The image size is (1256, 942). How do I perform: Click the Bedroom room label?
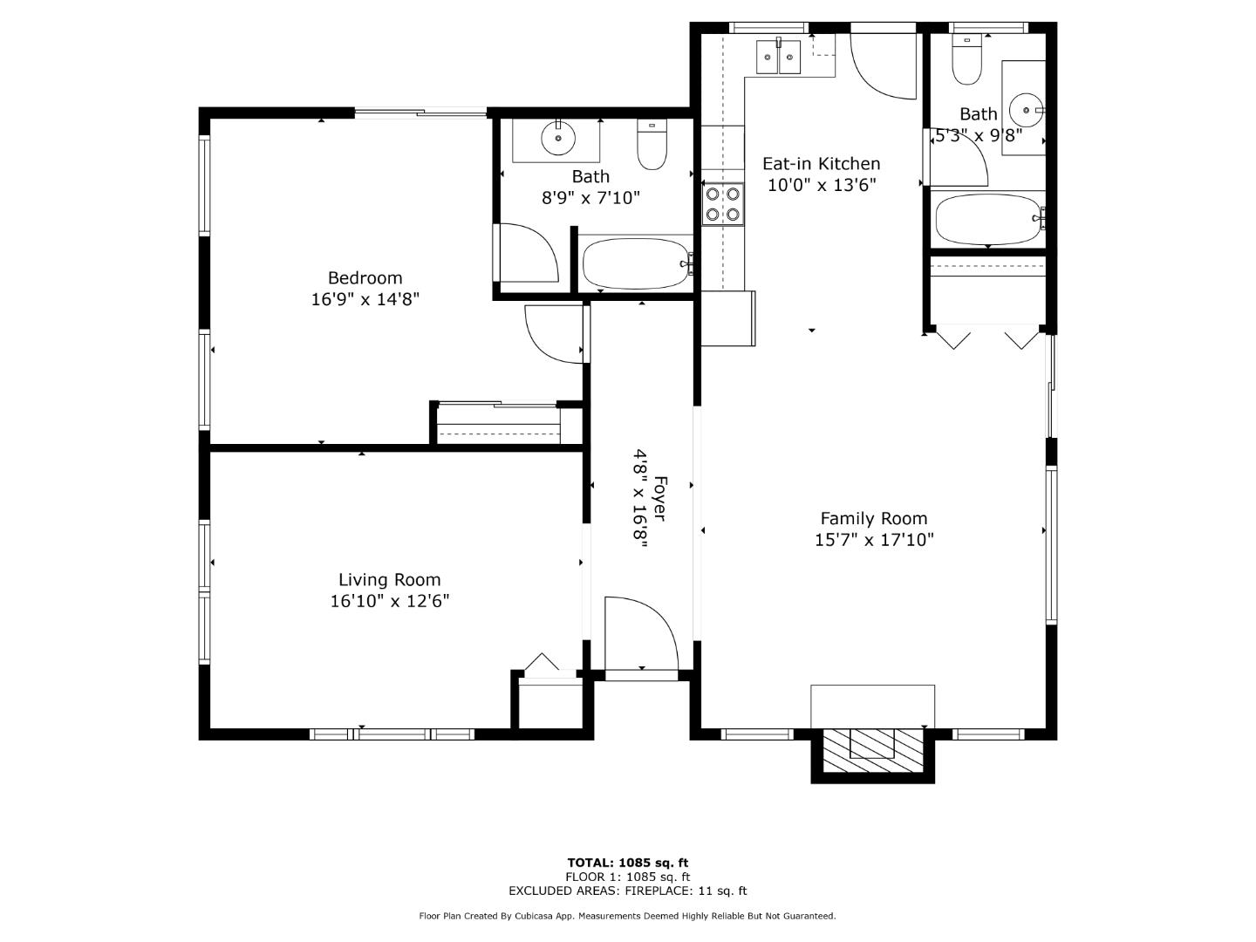[365, 278]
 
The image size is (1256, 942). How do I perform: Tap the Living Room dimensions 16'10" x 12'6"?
[389, 601]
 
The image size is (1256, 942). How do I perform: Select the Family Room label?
[873, 518]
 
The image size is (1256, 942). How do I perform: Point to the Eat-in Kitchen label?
[821, 163]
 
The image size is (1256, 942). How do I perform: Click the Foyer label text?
[660, 499]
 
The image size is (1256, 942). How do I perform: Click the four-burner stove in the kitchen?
[723, 203]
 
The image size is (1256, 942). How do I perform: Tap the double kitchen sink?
[778, 58]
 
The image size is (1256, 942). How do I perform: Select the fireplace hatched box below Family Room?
[872, 750]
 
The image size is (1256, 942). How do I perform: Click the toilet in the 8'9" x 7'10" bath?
[652, 146]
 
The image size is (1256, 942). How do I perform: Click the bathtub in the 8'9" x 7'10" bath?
[637, 263]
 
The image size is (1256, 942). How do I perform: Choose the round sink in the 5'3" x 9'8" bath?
[1026, 110]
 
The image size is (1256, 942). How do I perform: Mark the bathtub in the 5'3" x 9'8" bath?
[987, 219]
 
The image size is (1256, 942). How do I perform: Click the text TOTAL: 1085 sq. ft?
[627, 863]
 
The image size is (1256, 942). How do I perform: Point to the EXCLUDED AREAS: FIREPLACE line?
[627, 891]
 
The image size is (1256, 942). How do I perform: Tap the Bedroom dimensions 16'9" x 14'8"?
[365, 299]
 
